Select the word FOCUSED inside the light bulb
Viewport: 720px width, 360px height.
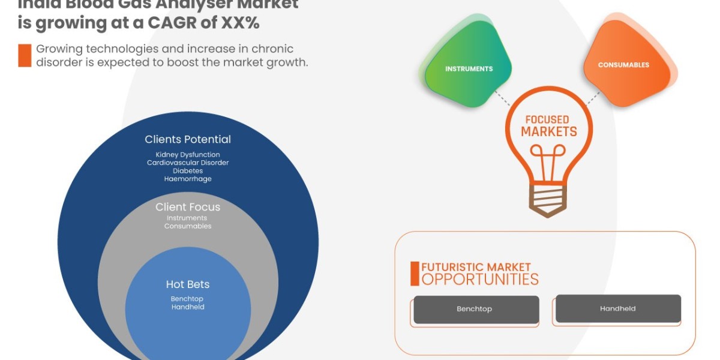(547, 119)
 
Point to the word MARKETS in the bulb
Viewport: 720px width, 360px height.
(548, 131)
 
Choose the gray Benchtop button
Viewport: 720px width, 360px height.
(475, 309)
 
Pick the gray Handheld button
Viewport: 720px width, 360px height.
(618, 308)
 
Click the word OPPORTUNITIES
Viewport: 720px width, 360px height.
(480, 279)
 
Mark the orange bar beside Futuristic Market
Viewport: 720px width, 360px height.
(415, 274)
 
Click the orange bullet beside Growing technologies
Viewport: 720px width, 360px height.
(25, 56)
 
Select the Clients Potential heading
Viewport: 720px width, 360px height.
(188, 139)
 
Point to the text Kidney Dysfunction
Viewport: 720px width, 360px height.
(188, 155)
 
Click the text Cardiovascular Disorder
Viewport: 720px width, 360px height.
(188, 163)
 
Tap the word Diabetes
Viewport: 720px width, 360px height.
(188, 170)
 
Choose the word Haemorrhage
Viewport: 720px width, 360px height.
(188, 179)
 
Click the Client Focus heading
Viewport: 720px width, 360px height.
(188, 207)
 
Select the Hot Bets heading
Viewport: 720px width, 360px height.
(188, 284)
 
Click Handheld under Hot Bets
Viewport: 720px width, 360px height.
(188, 307)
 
